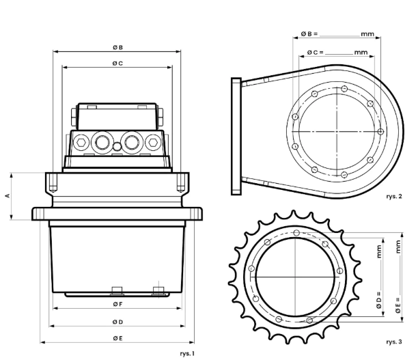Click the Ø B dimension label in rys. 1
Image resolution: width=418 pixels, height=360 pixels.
(x=117, y=47)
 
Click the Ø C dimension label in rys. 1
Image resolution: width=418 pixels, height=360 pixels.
(x=117, y=64)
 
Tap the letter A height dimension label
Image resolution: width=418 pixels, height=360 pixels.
(x=8, y=196)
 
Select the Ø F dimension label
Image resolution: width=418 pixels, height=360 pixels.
(x=117, y=304)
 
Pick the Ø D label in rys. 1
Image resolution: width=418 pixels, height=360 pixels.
(x=117, y=322)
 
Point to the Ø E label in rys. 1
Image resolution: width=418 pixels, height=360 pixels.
(x=117, y=338)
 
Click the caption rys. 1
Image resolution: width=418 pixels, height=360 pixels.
(x=187, y=354)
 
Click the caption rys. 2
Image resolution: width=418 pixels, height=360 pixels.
(x=393, y=197)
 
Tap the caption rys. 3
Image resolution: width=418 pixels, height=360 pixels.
(x=393, y=342)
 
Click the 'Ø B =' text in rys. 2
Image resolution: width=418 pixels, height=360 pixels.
(x=309, y=34)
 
